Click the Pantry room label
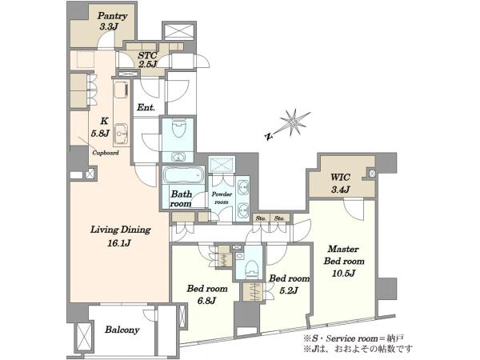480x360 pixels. point(112,16)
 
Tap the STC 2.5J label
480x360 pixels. point(147,60)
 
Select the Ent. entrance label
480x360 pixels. point(146,107)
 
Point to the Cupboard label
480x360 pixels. point(106,153)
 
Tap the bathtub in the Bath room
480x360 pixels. point(183,174)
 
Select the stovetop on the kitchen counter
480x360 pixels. point(122,90)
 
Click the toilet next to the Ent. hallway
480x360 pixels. point(178,129)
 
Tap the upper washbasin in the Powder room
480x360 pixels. point(243,187)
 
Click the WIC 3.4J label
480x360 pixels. point(341,183)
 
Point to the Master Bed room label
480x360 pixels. point(344,255)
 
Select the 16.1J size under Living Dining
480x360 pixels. point(119,243)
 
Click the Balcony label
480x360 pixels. point(122,330)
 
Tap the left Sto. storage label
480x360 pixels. point(261,218)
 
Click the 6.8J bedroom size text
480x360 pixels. point(206,301)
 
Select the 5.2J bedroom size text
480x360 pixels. point(288,290)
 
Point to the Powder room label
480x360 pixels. point(222,198)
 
